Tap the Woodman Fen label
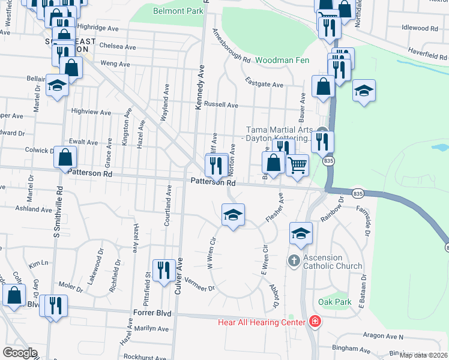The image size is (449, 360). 279,60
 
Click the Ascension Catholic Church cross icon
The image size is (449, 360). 294,261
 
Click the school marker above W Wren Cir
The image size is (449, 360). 233,215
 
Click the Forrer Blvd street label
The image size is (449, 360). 155,313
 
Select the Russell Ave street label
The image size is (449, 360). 221,105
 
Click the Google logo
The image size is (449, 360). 20,353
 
